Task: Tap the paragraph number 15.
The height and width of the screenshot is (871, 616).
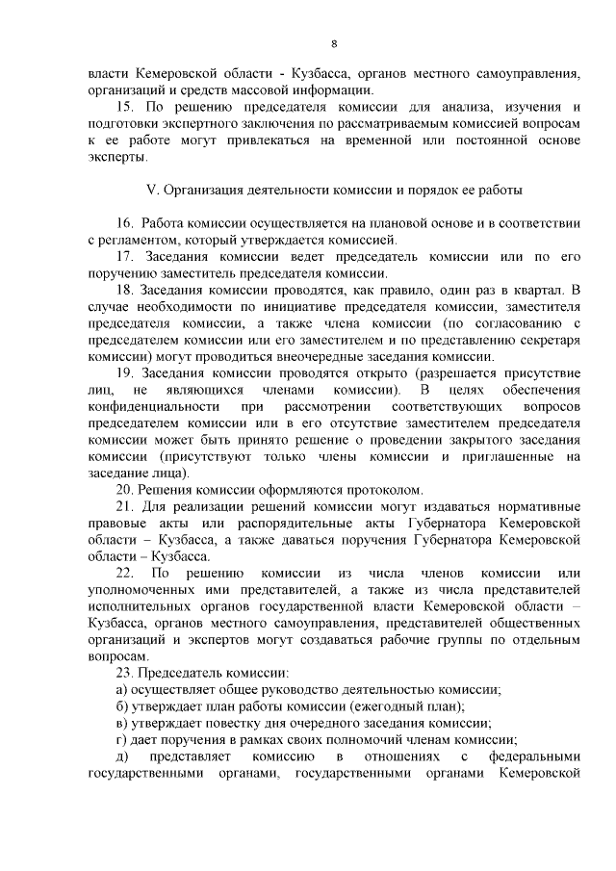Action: coord(124,105)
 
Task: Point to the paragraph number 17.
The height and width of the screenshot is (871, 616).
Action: coord(124,256)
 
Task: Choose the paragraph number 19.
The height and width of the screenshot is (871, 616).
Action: coord(124,372)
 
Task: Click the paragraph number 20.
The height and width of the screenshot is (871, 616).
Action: coord(124,490)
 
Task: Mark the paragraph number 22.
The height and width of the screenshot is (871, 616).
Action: coord(124,574)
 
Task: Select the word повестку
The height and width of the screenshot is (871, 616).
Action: coord(244,723)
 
